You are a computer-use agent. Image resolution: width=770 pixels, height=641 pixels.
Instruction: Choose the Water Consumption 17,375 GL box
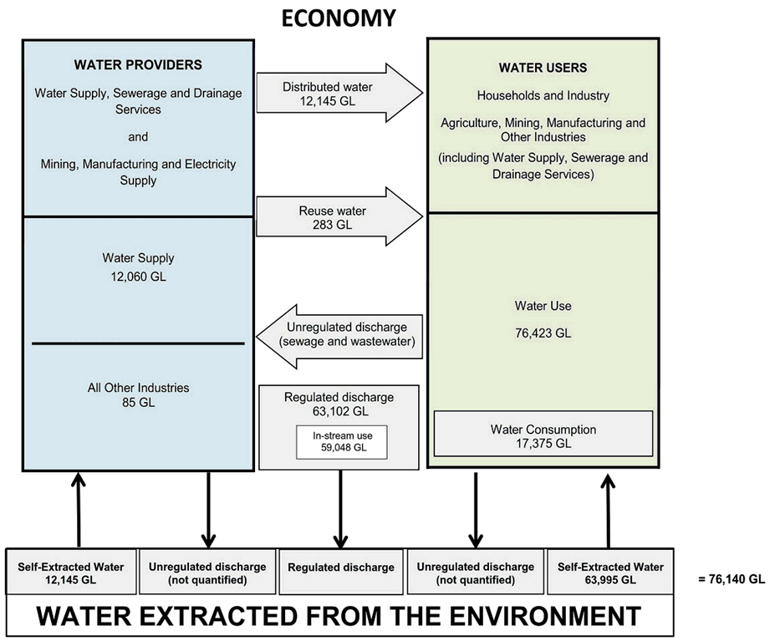(x=543, y=435)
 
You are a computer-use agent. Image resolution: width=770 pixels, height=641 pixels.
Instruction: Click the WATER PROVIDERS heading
(x=138, y=64)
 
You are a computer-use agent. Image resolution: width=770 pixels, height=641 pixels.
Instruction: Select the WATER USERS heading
(x=543, y=68)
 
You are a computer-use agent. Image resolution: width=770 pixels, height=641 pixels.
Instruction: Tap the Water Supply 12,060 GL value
(x=138, y=267)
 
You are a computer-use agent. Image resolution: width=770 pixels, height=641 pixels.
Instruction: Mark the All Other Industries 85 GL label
(x=138, y=394)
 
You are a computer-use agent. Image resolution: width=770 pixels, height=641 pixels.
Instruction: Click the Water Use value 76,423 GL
(x=543, y=333)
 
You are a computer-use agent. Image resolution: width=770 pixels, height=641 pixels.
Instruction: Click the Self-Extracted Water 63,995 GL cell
(x=610, y=573)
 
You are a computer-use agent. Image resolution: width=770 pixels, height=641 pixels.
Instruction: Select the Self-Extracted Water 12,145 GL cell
(x=71, y=573)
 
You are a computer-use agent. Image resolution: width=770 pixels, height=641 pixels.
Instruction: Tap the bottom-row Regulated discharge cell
(x=340, y=567)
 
